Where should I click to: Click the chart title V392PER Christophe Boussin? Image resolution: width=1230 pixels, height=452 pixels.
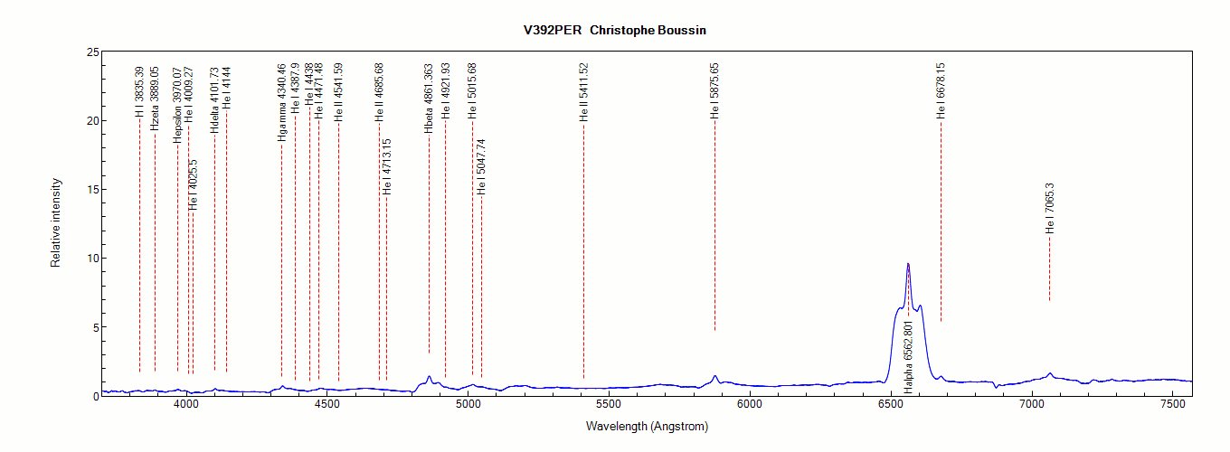[614, 30]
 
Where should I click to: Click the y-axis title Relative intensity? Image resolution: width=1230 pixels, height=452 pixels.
[55, 222]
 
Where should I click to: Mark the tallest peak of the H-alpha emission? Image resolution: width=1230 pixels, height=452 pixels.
[908, 264]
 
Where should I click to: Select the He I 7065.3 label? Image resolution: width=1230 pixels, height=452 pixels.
[1050, 208]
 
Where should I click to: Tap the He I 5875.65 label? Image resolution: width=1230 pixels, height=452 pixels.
[714, 91]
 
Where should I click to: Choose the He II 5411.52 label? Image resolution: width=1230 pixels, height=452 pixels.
[584, 92]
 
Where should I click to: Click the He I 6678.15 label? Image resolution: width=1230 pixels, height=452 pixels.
[941, 90]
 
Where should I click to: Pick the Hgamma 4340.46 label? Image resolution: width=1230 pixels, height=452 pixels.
[282, 102]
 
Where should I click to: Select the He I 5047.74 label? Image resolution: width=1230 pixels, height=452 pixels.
[482, 167]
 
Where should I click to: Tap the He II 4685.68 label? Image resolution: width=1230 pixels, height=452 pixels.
[380, 92]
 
